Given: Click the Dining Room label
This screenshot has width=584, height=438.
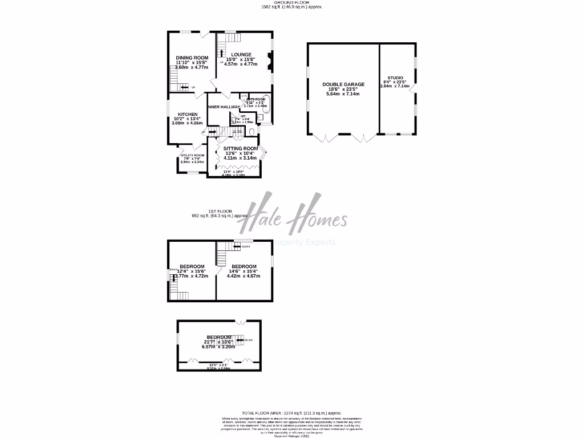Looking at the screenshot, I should tap(192, 58).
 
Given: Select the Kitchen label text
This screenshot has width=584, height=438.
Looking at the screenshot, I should tap(187, 114).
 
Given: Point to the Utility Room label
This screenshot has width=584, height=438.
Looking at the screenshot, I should tap(192, 155).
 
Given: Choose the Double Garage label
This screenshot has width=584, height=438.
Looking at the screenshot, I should tap(343, 84).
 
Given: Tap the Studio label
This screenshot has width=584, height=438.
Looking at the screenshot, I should tap(395, 78).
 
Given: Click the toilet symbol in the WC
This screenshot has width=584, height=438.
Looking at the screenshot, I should tap(252, 132).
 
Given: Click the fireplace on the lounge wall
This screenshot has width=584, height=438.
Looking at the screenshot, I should tap(270, 59).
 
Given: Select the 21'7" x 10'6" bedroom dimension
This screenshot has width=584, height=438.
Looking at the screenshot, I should tap(219, 342).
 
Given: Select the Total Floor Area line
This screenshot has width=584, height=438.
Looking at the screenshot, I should tap(291, 412).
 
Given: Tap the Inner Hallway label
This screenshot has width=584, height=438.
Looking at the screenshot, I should tap(224, 107).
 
